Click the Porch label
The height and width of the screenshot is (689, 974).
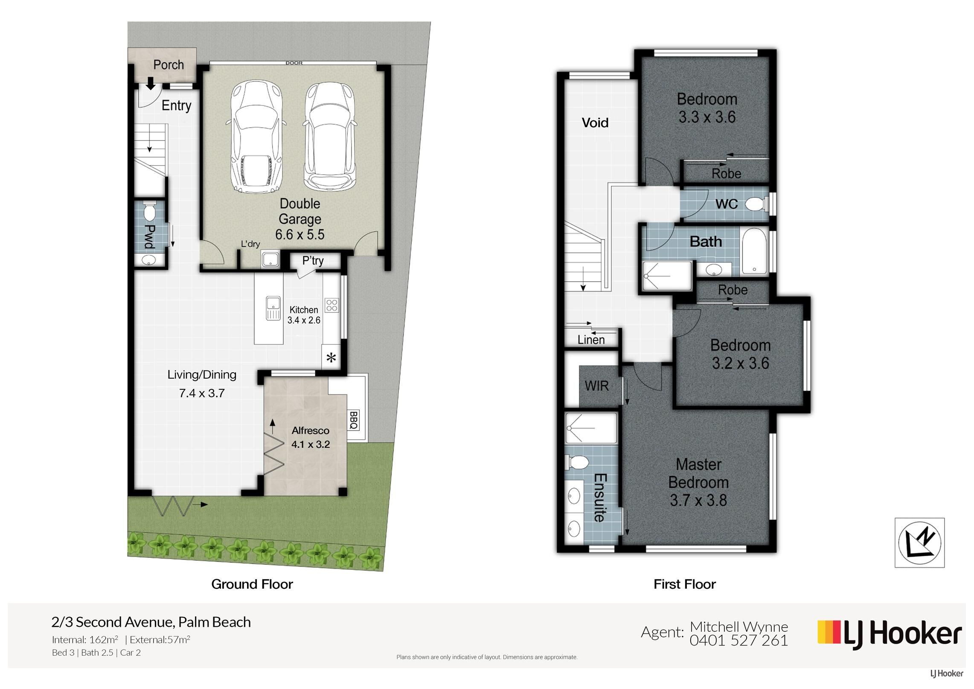[x=169, y=65]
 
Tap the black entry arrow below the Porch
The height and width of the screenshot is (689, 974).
[x=150, y=83]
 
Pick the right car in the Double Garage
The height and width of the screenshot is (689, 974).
[x=330, y=136]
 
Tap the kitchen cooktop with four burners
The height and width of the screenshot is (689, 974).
[x=332, y=305]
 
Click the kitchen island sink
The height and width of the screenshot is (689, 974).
[x=273, y=308]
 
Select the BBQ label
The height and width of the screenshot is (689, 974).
[x=354, y=420]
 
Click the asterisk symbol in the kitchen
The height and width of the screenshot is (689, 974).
[x=331, y=358]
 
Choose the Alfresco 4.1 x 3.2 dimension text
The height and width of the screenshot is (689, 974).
[x=311, y=444]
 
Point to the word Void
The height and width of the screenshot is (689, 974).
[x=595, y=123]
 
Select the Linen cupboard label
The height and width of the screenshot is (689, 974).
[x=591, y=340]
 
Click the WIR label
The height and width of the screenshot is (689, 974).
[x=596, y=386]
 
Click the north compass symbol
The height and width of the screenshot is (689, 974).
[x=919, y=543]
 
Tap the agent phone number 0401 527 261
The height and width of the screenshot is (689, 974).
[x=739, y=640]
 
